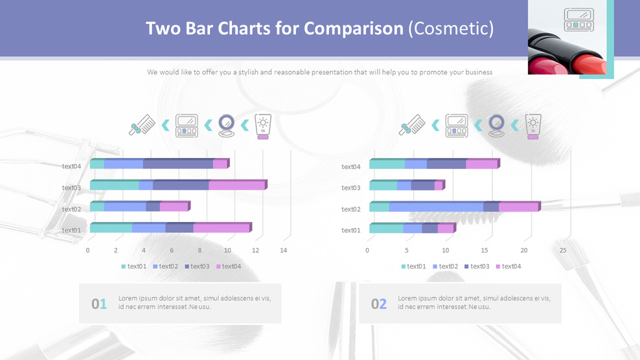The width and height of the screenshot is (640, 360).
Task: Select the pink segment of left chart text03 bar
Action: click(236, 186)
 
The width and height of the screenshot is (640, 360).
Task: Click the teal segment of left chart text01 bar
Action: click(111, 228)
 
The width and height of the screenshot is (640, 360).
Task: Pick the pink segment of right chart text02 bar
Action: click(518, 207)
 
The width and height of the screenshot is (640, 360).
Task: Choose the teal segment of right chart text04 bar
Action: click(387, 164)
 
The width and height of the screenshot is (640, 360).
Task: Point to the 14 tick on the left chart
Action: click(283, 250)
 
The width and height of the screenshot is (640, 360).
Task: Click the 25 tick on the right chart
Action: click(563, 250)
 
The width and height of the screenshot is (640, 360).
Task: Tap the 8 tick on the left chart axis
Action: click(200, 250)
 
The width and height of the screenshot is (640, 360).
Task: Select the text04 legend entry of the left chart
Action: click(228, 266)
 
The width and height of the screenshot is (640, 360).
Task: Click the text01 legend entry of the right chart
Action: click(413, 266)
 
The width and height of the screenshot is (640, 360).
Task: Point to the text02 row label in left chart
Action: click(71, 209)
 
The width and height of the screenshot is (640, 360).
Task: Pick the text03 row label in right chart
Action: click(350, 188)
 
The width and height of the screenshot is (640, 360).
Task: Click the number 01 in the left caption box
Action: click(98, 304)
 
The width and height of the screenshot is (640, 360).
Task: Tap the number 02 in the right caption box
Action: click(378, 304)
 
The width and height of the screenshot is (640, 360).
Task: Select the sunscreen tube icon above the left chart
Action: click(263, 126)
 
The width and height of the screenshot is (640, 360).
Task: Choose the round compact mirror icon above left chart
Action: click(227, 125)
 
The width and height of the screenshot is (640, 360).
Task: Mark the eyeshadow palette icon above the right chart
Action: click(457, 126)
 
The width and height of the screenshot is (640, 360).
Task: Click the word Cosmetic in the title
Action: click(451, 29)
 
